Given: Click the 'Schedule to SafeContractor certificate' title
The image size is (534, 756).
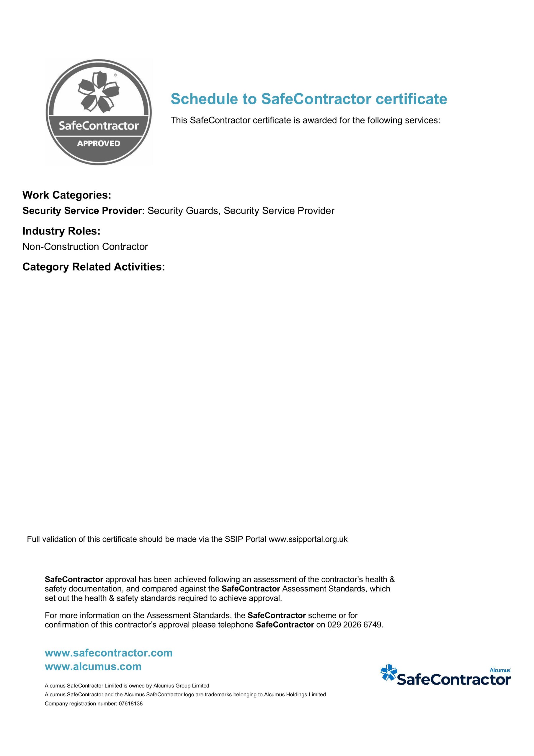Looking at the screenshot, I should coord(308,99).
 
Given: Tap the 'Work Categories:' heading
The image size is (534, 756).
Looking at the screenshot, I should coord(67,195).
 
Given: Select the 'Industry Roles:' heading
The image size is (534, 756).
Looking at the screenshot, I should coord(61,231).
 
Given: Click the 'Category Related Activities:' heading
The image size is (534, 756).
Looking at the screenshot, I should coord(94,267).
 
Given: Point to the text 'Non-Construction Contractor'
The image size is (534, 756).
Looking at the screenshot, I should coord(85,247).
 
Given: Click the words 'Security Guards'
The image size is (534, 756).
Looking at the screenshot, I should coord(183,211).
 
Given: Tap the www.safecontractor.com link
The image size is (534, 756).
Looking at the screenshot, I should coord(109,653).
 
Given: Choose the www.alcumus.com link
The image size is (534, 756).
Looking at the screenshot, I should coord(93,667).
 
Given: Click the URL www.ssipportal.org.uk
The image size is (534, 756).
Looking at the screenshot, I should coord(308,539).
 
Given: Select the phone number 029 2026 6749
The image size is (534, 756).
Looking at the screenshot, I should coord(355,625).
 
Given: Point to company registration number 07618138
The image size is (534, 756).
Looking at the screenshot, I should coord(130,704).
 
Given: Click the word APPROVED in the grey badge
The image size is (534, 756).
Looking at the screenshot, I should coord(98,144).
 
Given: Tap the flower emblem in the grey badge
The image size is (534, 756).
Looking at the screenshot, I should coord(98,91).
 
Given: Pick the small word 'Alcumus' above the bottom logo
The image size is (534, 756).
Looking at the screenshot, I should coord(500,670).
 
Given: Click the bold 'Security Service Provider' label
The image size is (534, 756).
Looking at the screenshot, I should coord(82,211).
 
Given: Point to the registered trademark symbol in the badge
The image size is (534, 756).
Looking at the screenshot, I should coord(115,75).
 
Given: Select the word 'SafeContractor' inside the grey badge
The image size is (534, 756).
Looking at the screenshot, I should coord(98,126).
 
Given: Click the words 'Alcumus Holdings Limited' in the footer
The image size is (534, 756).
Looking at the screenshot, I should coord(295,694).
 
